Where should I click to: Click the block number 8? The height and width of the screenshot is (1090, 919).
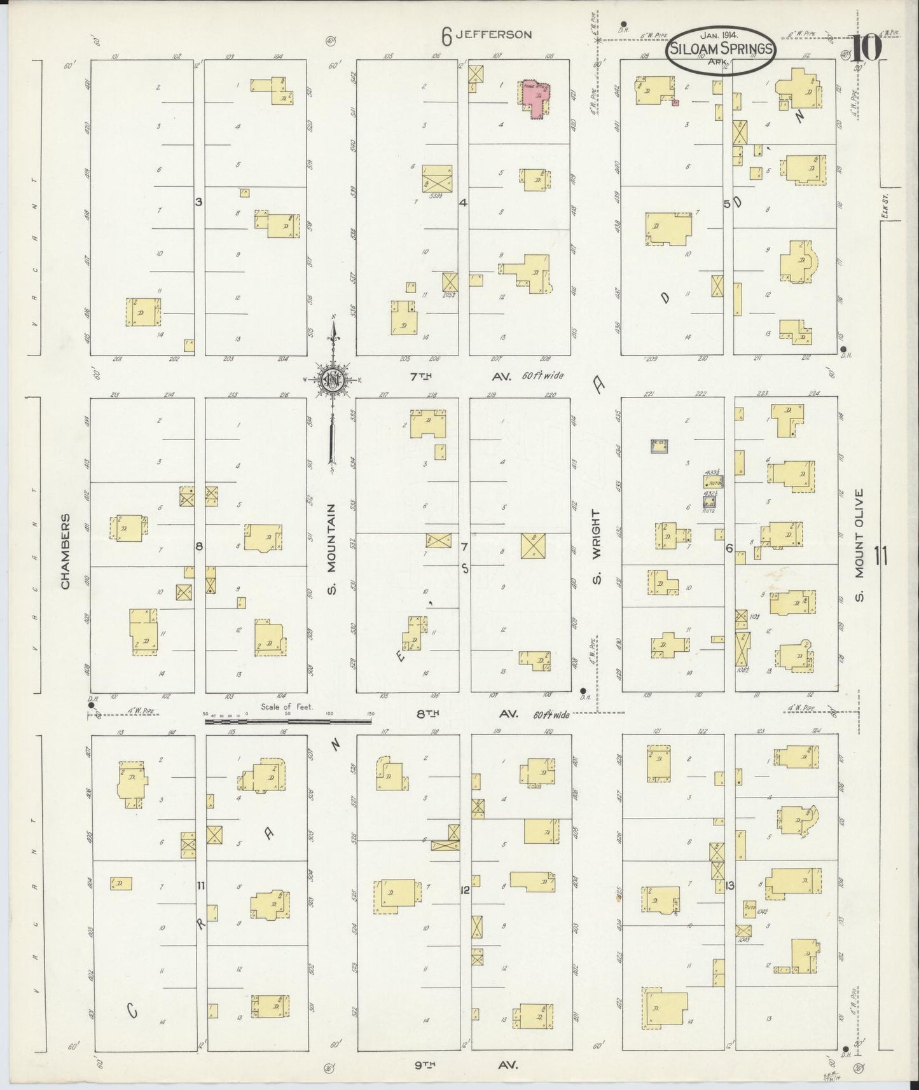(x=199, y=546)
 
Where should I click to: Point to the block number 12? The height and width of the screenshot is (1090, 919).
(x=465, y=890)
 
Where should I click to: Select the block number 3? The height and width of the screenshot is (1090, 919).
(x=198, y=202)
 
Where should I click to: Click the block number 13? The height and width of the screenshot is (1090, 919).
(x=729, y=885)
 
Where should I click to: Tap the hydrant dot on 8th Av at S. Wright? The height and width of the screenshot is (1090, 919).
(x=583, y=689)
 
